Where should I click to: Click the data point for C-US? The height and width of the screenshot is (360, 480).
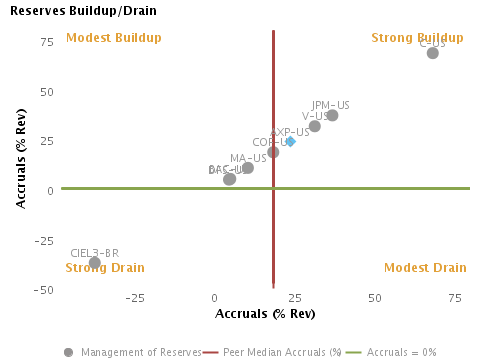(432, 53)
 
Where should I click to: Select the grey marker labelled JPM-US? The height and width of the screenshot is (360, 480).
(332, 116)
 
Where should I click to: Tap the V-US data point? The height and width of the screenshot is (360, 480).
(315, 126)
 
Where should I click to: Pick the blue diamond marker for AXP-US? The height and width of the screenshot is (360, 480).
(291, 142)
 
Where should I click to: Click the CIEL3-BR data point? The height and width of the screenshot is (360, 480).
(95, 263)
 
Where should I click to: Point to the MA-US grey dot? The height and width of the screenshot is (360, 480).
(248, 168)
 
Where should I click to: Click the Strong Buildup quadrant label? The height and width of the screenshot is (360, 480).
(417, 38)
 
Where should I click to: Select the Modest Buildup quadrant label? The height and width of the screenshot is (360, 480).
(113, 38)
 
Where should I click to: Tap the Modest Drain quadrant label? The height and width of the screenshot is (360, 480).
(425, 268)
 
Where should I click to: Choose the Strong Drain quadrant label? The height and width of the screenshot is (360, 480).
(105, 268)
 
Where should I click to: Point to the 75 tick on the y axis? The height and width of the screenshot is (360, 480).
(46, 42)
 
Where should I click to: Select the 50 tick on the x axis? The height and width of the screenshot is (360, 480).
(375, 299)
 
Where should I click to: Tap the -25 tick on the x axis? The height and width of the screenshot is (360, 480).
(134, 299)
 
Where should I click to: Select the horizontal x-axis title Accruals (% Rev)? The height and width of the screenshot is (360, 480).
(266, 314)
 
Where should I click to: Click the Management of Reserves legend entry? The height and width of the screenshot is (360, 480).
(132, 352)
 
